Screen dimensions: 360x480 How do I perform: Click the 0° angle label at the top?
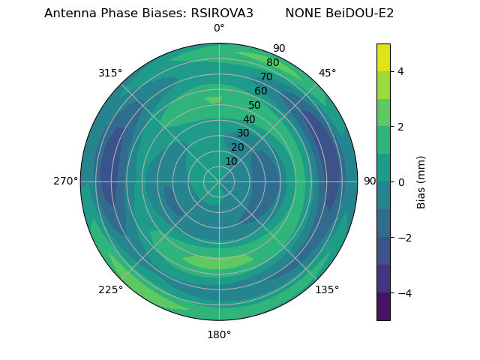[x=219, y=28]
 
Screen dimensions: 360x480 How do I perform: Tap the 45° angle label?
[x=327, y=73]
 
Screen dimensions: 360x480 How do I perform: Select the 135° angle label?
[x=327, y=289]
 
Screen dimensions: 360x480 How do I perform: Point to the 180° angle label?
[x=219, y=334]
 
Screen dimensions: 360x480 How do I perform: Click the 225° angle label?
[x=110, y=289]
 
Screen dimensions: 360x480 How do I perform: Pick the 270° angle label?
[x=66, y=181]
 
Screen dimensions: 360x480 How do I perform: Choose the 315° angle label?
[x=110, y=73]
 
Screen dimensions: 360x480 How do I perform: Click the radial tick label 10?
[x=231, y=161]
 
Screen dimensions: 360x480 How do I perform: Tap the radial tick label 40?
[x=249, y=119]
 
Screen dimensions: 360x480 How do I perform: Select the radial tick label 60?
[x=261, y=91]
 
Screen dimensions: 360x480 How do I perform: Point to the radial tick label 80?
[x=273, y=63]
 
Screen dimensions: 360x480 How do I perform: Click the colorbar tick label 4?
[x=400, y=71]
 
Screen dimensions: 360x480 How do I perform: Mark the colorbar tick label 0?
[x=400, y=182]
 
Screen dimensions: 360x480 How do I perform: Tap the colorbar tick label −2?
[x=403, y=238]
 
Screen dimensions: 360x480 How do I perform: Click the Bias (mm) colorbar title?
[x=421, y=182]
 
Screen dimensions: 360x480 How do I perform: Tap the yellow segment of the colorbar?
[x=383, y=58]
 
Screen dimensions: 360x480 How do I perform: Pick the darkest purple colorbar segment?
[x=383, y=307]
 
